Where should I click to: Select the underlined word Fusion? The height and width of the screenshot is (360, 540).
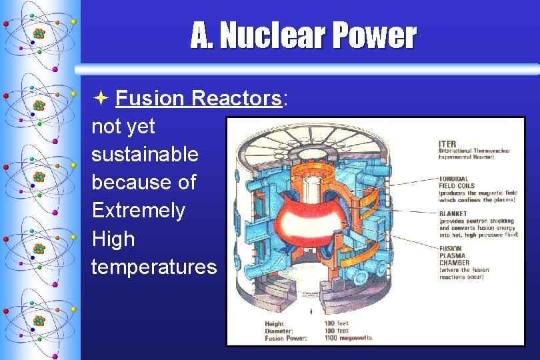[x=150, y=99]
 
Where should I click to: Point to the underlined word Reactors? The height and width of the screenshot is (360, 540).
[x=236, y=99]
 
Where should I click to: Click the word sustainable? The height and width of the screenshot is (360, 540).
[x=145, y=155]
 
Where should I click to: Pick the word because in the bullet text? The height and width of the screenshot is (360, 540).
[x=144, y=183]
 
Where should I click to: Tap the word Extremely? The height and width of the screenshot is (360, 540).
[x=139, y=211]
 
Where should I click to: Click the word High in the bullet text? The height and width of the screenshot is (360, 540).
[x=113, y=239]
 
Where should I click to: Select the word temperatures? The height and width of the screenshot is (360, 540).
[x=154, y=267]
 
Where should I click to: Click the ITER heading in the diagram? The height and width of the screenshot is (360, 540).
[x=447, y=144]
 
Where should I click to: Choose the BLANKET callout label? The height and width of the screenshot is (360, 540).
[x=453, y=213]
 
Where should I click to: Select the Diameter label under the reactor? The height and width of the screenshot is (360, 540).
[x=281, y=331]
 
